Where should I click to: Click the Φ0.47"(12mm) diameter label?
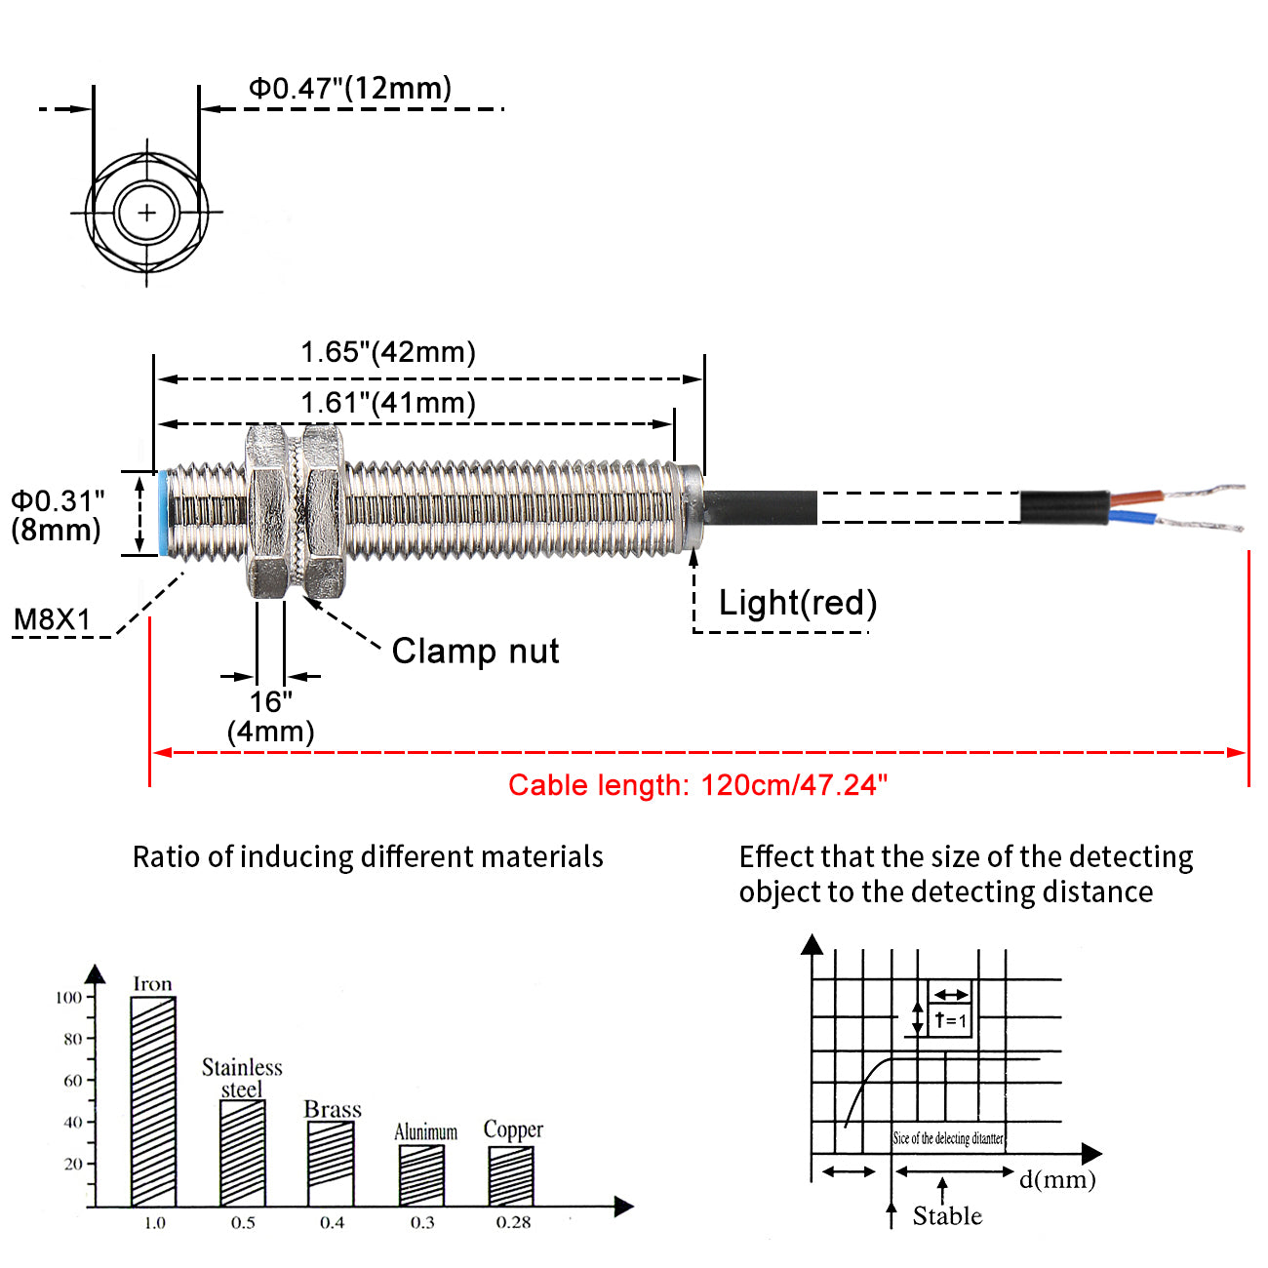pyautogui.click(x=350, y=88)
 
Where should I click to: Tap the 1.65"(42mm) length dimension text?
pyautogui.click(x=387, y=352)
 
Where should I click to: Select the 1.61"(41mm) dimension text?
pyautogui.click(x=387, y=402)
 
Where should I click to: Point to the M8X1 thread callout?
pyautogui.click(x=52, y=619)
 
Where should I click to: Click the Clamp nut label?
pyautogui.click(x=475, y=651)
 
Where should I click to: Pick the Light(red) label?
pyautogui.click(x=797, y=603)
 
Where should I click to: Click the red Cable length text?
pyautogui.click(x=697, y=785)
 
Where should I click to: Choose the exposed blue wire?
pyautogui.click(x=1133, y=518)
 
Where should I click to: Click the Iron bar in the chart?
pyautogui.click(x=153, y=1101)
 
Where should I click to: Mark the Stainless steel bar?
pyautogui.click(x=243, y=1153)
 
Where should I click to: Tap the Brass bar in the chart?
pyautogui.click(x=331, y=1164)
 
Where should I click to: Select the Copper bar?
pyautogui.click(x=511, y=1176)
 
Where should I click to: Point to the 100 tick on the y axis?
pyautogui.click(x=68, y=997)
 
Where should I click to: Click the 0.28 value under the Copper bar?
pyautogui.click(x=513, y=1223)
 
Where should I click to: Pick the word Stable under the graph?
pyautogui.click(x=947, y=1216)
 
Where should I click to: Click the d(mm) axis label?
pyautogui.click(x=1057, y=1179)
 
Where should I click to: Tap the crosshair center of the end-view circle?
pyautogui.click(x=147, y=212)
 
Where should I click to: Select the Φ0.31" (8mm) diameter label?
pyautogui.click(x=57, y=515)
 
